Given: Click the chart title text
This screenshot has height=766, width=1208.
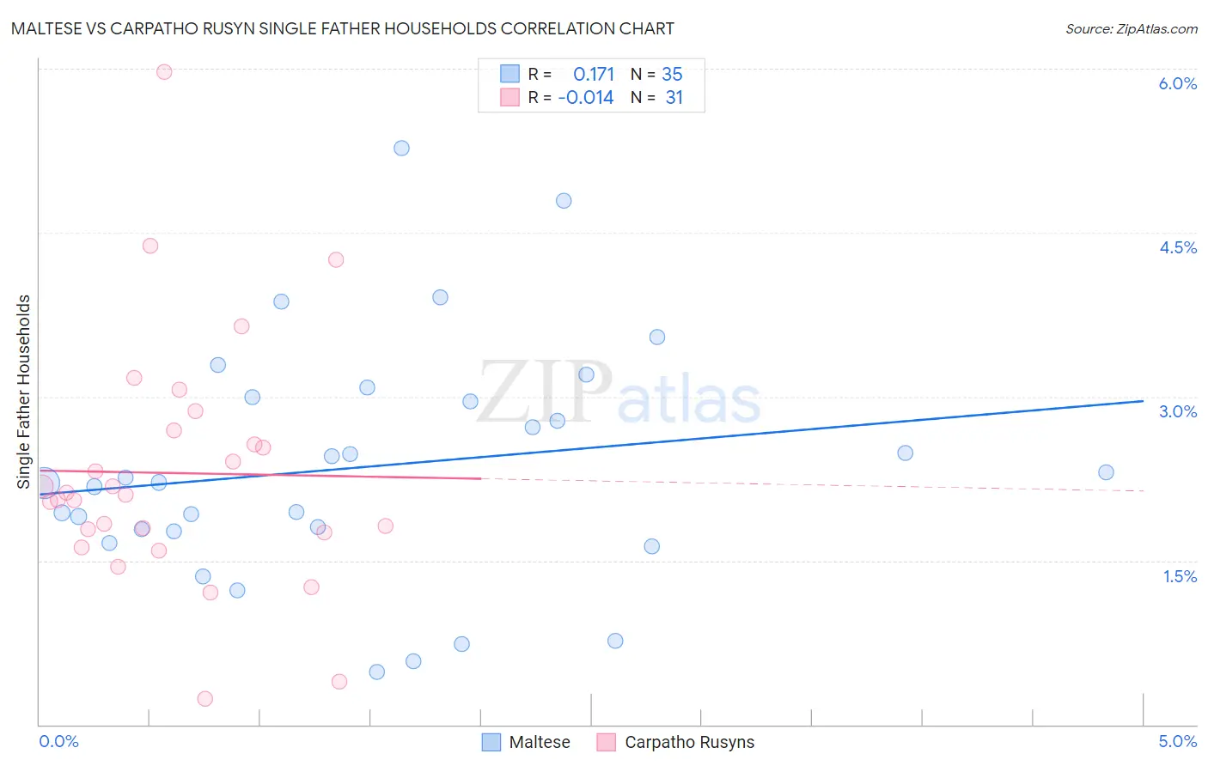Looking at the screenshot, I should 342,29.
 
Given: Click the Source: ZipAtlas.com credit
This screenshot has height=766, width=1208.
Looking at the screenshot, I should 1131,29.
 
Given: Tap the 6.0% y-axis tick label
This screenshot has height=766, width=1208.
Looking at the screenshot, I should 1177,83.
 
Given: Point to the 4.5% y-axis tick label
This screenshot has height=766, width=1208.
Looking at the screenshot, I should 1177,247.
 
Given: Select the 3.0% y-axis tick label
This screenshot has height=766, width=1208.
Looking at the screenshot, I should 1177,411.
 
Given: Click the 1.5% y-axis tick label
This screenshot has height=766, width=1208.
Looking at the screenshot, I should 1180,576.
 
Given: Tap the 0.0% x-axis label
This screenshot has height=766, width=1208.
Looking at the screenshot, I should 59,741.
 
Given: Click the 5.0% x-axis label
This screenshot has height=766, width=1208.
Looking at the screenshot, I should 1177,741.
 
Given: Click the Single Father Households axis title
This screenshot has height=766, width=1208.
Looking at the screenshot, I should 24,392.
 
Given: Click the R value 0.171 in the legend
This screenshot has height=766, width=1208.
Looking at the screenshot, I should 594,75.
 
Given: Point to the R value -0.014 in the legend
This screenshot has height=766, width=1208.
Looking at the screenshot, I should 586,98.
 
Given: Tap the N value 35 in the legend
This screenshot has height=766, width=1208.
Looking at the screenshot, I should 672,75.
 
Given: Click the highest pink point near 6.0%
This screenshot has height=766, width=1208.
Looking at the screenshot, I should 164,72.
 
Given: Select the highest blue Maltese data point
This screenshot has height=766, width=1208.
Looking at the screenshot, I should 401,148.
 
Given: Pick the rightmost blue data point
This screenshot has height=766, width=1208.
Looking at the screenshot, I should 1106,472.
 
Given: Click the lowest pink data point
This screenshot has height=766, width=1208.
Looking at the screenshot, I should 204,699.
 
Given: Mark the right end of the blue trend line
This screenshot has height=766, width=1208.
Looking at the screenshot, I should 1143,401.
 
